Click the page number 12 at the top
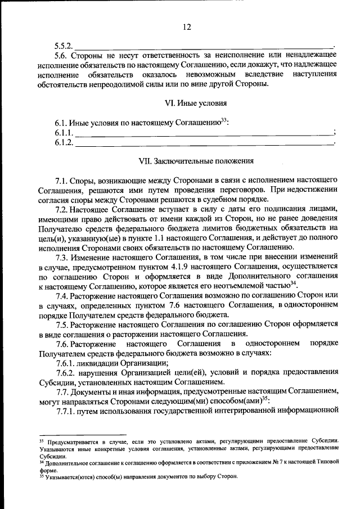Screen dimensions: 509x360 (x=187, y=27)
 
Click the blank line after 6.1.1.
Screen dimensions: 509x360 (x=204, y=133)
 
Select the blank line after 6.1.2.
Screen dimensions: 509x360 (x=204, y=143)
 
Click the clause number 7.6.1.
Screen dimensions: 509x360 (x=66, y=363)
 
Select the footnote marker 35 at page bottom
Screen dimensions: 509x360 (x=41, y=476)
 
